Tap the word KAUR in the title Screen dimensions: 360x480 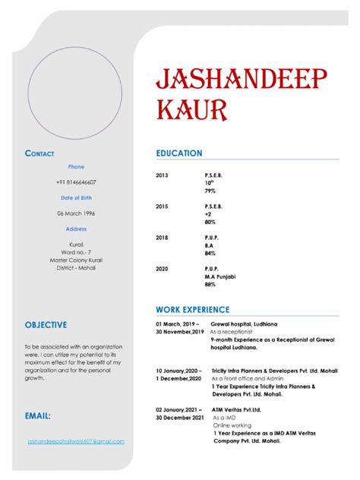point(191,111)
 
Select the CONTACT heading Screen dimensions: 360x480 point(39,153)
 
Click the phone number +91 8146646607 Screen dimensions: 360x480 point(76,182)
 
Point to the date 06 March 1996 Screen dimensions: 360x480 point(76,213)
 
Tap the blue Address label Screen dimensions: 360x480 point(76,229)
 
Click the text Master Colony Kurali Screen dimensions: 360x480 point(76,260)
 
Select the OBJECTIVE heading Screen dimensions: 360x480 point(46,325)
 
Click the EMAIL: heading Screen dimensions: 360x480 point(38,416)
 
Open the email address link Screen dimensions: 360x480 point(76,441)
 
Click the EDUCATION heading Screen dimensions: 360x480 point(179,153)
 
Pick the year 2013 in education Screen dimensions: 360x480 point(162,175)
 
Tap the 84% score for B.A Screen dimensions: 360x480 point(210,254)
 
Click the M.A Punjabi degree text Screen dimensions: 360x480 point(221,276)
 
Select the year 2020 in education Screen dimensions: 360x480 point(162,269)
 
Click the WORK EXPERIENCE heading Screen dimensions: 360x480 point(192,310)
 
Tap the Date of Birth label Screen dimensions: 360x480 point(76,197)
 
